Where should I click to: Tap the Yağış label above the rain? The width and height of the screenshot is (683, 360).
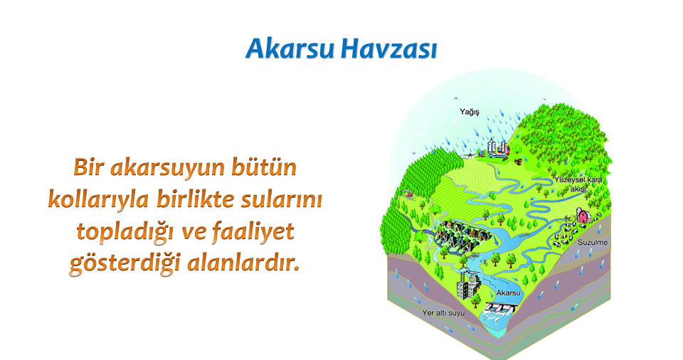470,112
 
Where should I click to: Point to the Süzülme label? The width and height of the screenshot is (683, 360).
593,243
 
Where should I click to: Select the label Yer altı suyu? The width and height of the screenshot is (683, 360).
443,313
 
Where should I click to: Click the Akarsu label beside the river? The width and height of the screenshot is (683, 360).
508,293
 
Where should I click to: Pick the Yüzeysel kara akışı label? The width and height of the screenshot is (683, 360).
578,184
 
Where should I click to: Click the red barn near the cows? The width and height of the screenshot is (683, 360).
583,216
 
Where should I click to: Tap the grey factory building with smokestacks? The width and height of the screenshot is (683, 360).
469,285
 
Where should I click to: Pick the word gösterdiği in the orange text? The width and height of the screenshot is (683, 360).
125,264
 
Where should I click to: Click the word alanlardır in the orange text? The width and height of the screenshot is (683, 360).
243,263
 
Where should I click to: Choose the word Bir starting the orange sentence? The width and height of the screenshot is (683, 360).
88,167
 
